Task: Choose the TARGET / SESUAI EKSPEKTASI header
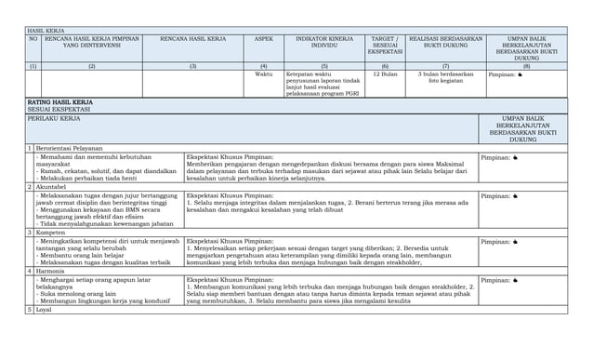pos(385,46)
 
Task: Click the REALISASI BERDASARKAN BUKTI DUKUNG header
pos(445,43)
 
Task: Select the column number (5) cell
pos(324,66)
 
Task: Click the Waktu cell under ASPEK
pos(264,74)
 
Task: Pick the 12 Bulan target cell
pos(385,74)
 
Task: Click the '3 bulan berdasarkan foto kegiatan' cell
pos(445,78)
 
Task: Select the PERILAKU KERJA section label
pos(54,118)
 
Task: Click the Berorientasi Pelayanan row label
pos(70,148)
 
